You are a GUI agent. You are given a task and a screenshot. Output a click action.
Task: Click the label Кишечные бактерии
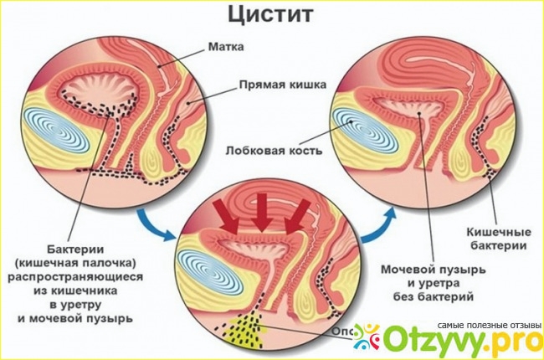pyautogui.click(x=496, y=239)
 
